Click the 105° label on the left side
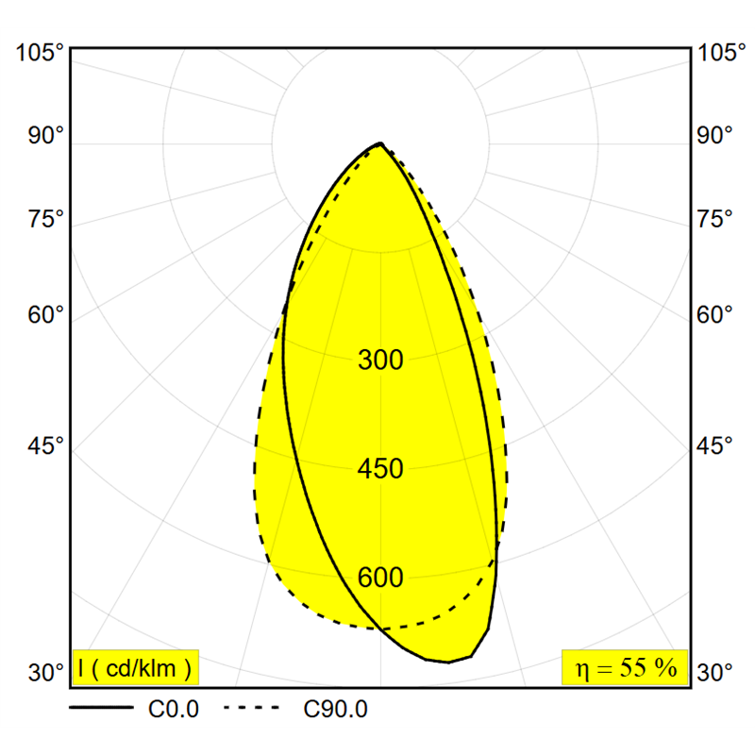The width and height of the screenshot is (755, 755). click(40, 52)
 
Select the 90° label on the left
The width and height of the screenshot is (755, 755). click(45, 135)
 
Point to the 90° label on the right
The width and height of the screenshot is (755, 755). click(714, 135)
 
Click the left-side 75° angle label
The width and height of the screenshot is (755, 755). click(45, 219)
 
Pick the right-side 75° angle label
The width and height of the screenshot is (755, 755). click(714, 219)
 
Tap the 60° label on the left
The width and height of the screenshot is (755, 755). click(45, 314)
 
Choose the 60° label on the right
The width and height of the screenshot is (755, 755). click(714, 314)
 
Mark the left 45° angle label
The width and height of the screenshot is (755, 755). click(45, 445)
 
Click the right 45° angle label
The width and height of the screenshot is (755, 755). click(714, 445)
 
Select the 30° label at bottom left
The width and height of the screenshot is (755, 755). click(45, 672)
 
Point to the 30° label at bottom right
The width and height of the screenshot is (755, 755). click(714, 672)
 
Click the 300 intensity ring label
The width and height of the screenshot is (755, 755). click(380, 360)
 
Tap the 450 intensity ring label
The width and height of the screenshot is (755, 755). click(380, 468)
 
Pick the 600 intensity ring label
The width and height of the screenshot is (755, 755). click(380, 578)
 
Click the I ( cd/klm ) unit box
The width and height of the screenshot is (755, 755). click(135, 667)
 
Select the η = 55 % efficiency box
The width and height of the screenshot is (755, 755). click(625, 667)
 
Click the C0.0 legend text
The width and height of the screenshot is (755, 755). click(174, 710)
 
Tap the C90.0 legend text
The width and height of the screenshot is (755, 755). click(336, 710)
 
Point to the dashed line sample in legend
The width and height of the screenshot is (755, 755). click(251, 707)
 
